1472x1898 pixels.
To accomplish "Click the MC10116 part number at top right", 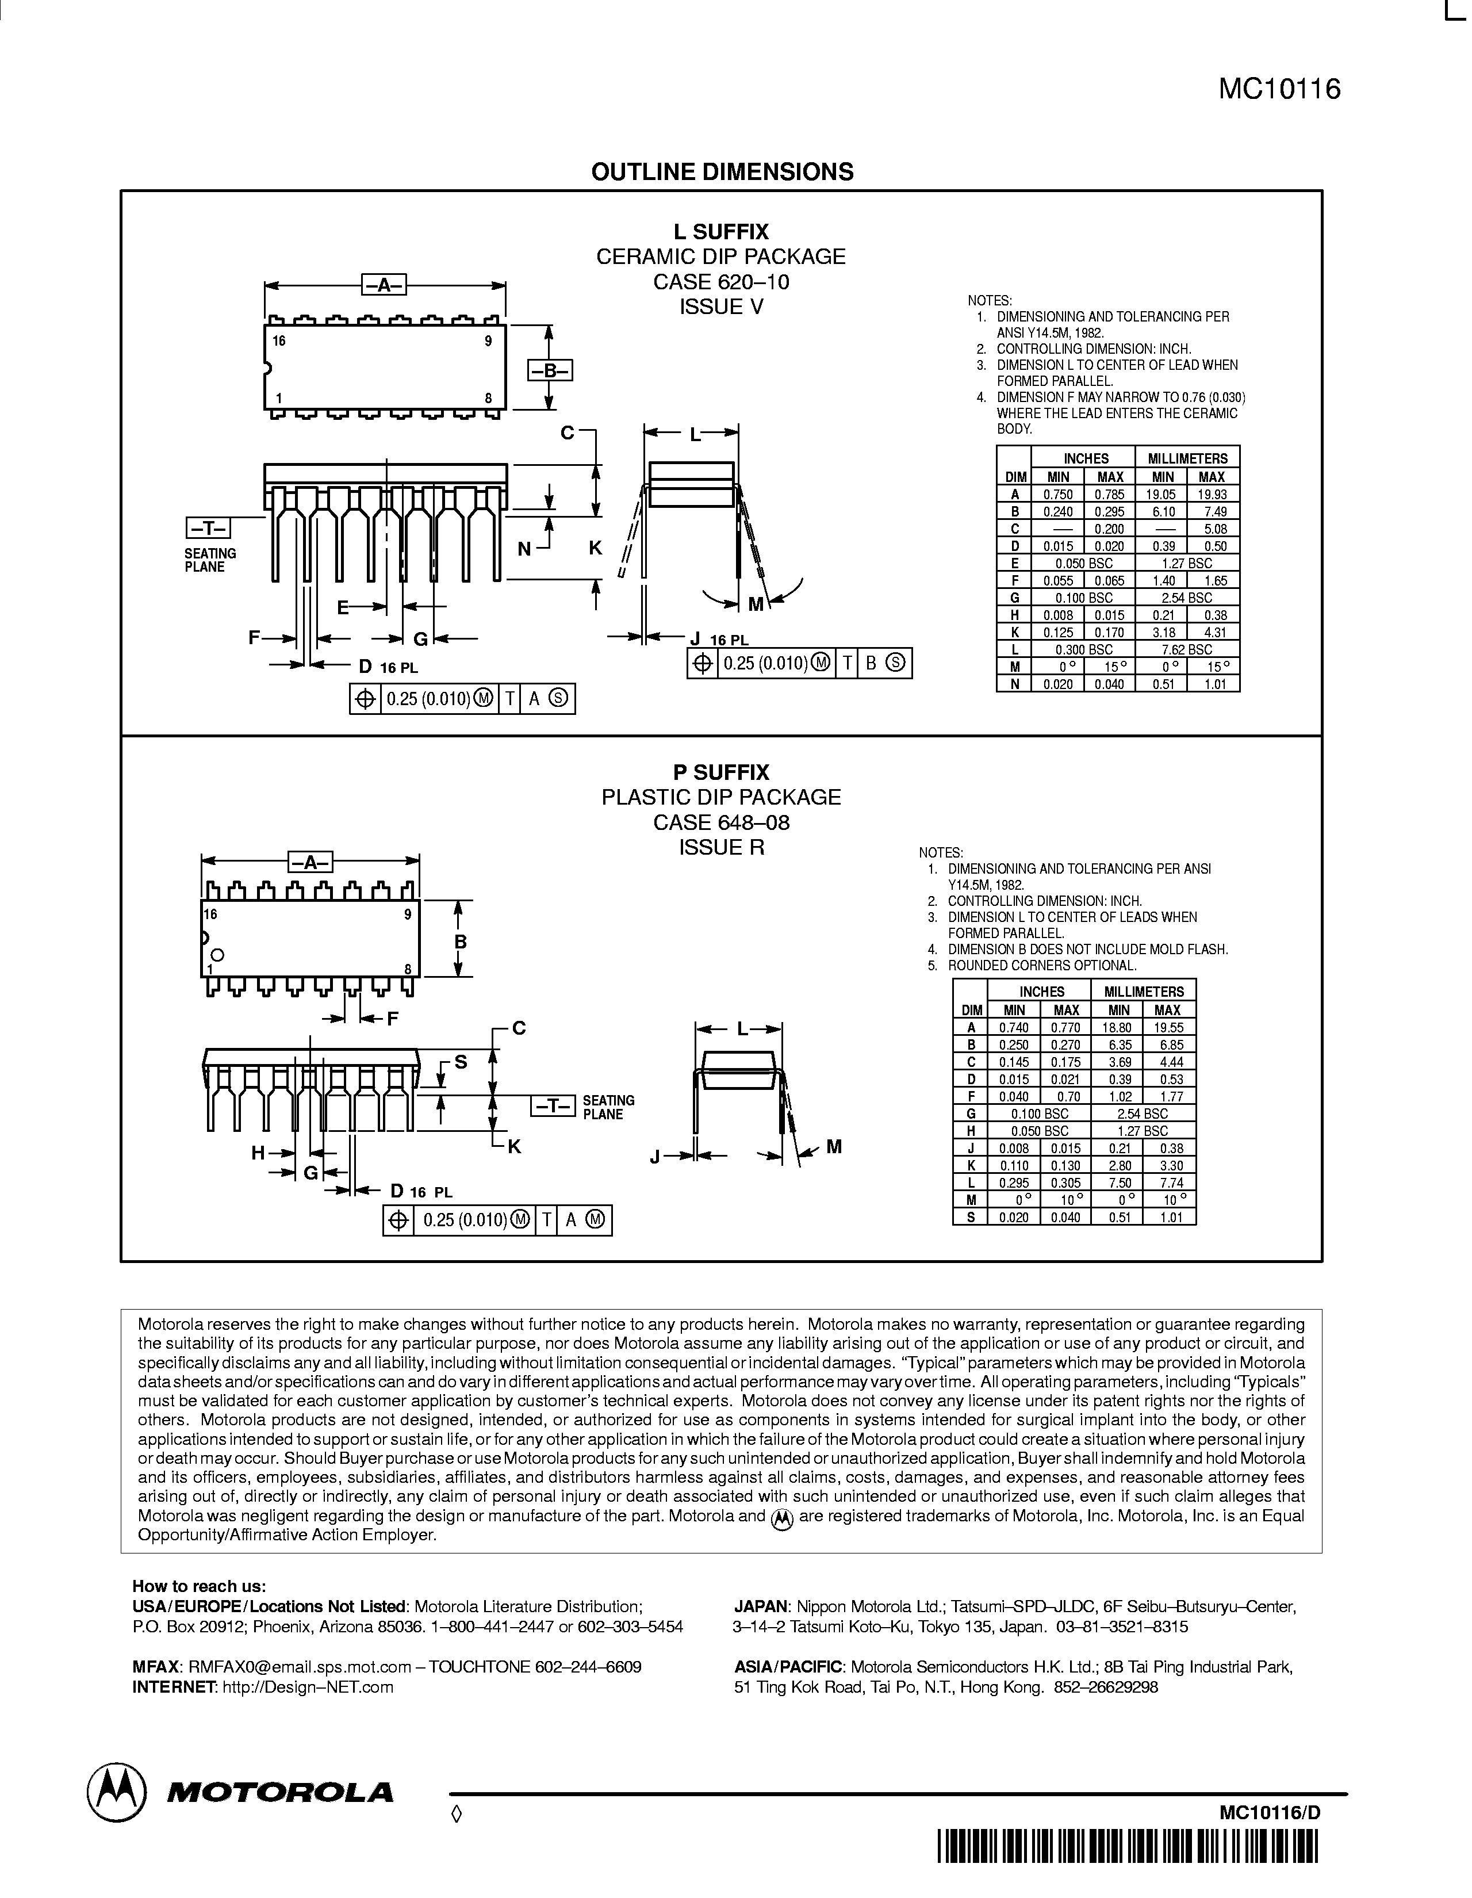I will click(1279, 90).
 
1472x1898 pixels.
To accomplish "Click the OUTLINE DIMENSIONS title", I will click(722, 172).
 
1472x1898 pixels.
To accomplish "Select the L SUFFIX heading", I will click(721, 232).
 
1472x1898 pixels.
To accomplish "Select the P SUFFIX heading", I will click(721, 772).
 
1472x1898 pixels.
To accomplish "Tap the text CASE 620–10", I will click(721, 282).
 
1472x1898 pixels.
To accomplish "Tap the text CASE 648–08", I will click(721, 822).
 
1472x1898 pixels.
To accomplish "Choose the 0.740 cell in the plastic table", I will click(1013, 1027).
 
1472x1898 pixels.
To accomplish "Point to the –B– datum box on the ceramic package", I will click(549, 371).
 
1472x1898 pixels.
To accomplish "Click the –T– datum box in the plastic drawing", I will click(553, 1106).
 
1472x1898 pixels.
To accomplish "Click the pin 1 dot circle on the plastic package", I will click(217, 954).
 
